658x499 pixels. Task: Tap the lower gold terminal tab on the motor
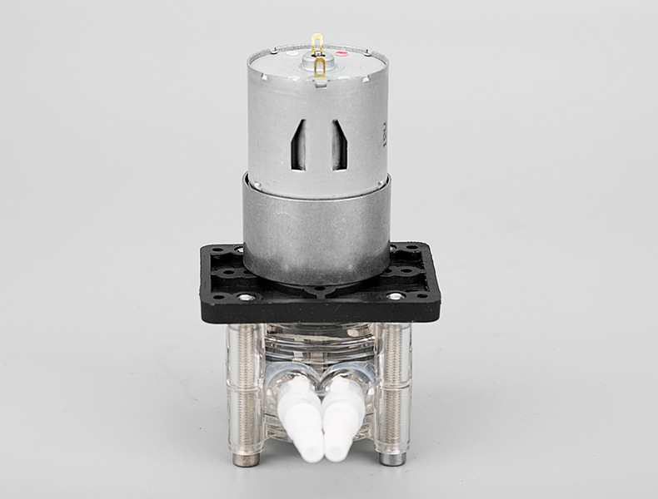tap(320, 69)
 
